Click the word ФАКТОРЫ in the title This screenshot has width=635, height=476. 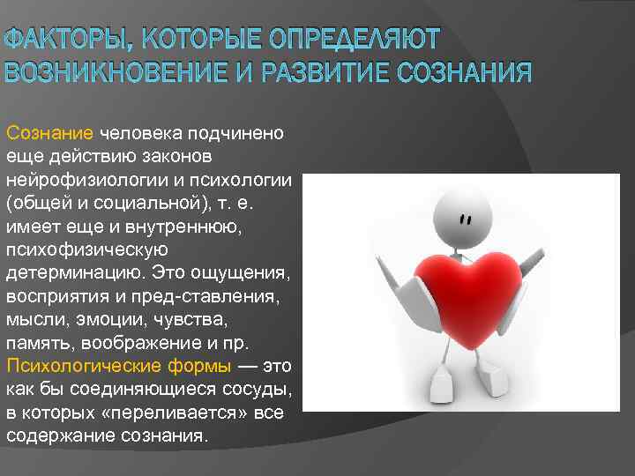(55, 40)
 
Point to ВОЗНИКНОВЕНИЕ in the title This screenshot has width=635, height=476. (123, 71)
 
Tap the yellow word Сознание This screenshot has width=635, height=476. (49, 133)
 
